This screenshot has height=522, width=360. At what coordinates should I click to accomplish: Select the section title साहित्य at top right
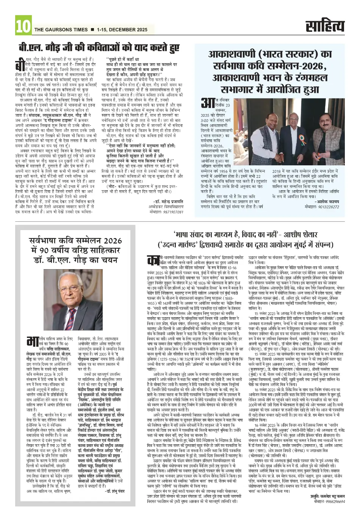(x=326, y=26)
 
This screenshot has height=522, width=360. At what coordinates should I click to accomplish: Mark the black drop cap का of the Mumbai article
(x=153, y=262)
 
